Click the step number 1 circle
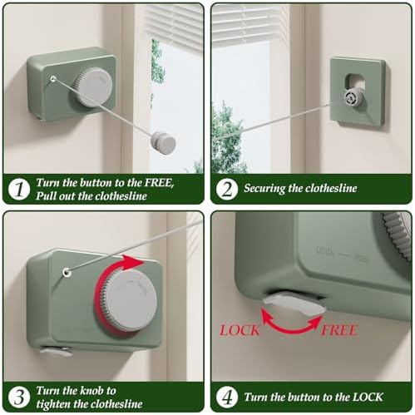click(x=19, y=190)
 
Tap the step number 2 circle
click(x=227, y=190)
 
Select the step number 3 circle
click(x=19, y=398)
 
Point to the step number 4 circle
click(x=227, y=398)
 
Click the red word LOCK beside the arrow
click(x=240, y=330)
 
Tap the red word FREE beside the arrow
click(x=338, y=330)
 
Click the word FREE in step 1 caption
click(x=159, y=183)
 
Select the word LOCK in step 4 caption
click(x=368, y=397)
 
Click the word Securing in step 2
click(x=264, y=189)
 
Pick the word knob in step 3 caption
click(x=88, y=391)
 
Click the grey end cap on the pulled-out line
click(x=163, y=143)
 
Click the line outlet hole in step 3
click(x=67, y=273)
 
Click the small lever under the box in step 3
click(x=56, y=352)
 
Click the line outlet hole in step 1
click(x=53, y=79)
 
